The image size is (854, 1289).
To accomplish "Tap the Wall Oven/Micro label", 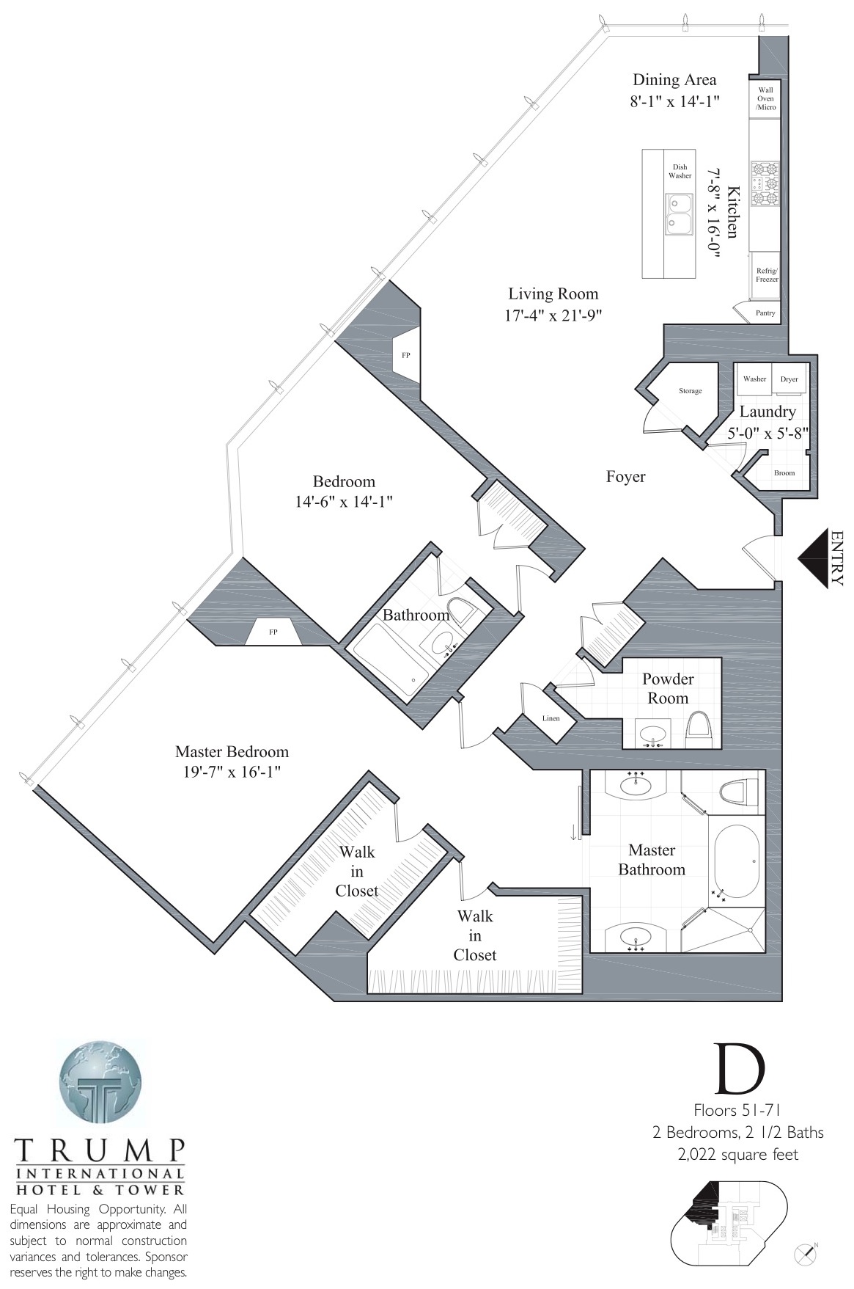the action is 766,98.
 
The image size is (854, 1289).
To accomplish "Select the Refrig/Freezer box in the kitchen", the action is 768,275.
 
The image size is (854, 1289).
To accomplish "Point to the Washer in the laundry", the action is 754,379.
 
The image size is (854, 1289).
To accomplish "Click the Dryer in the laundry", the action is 789,379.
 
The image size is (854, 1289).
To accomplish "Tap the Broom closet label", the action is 784,472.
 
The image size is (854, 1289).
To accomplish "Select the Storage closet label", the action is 690,391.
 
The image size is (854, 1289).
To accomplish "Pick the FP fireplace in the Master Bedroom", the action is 273,632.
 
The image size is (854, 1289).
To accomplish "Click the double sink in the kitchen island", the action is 679,213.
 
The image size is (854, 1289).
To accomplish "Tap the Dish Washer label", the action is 680,172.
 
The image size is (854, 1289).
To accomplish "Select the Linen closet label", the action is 551,718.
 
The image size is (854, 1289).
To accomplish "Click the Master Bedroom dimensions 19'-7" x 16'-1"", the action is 231,772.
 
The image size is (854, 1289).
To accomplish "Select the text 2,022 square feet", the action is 737,1154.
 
